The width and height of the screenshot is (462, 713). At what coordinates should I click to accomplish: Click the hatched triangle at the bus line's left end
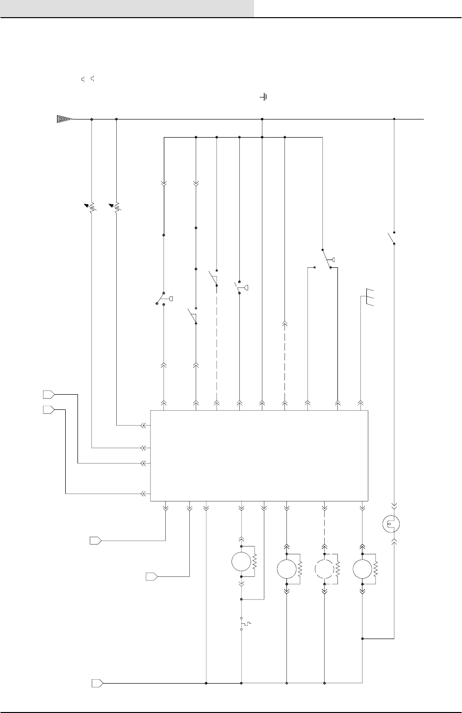[x=64, y=119]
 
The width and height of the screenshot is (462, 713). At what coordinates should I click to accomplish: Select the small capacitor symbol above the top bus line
[x=264, y=97]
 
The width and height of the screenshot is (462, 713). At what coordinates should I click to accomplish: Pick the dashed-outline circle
[x=324, y=570]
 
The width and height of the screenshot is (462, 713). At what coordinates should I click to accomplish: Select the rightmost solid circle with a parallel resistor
[x=362, y=570]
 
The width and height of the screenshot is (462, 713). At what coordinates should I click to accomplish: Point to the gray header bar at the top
[x=127, y=8]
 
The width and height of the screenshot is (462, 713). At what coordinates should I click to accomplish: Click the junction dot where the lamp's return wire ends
[x=362, y=639]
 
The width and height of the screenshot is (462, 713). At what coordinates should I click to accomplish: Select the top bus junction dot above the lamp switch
[x=395, y=119]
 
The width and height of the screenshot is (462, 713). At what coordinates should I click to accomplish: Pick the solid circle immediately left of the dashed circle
[x=286, y=570]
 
